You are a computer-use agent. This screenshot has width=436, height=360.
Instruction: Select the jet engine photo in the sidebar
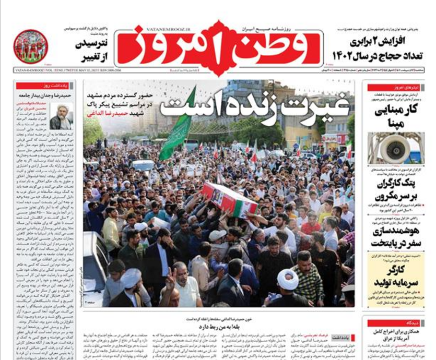tap(395, 149)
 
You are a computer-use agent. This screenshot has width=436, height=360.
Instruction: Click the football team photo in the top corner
tap(30, 47)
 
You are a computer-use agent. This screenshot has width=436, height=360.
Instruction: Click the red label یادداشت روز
tap(44, 86)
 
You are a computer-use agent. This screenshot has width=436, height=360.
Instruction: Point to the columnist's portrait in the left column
tap(62, 117)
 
